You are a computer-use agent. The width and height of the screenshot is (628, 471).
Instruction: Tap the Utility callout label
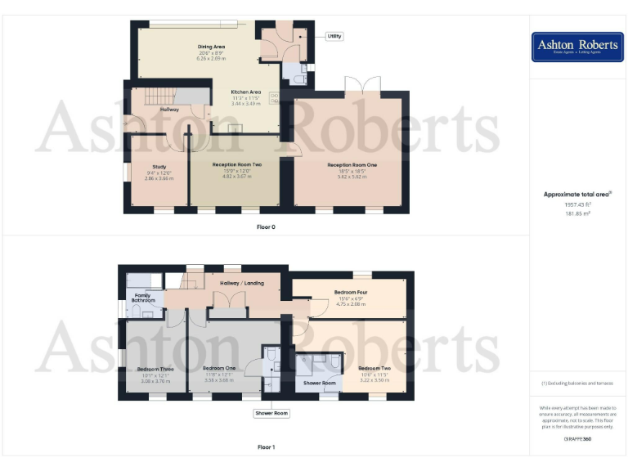(334, 36)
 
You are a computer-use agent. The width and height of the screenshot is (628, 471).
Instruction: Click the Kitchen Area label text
(246, 92)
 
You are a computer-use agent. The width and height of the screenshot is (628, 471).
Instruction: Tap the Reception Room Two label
(236, 164)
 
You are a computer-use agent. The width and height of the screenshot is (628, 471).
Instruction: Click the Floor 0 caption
(266, 227)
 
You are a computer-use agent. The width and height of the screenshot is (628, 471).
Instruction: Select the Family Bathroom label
(143, 298)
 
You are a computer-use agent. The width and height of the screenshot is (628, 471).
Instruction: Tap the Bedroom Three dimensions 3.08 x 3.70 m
(155, 381)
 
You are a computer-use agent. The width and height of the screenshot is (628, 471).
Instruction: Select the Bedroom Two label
(375, 369)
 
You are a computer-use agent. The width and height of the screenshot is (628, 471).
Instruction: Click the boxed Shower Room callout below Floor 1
(271, 414)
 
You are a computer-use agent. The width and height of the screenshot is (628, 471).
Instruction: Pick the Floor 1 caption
(266, 447)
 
